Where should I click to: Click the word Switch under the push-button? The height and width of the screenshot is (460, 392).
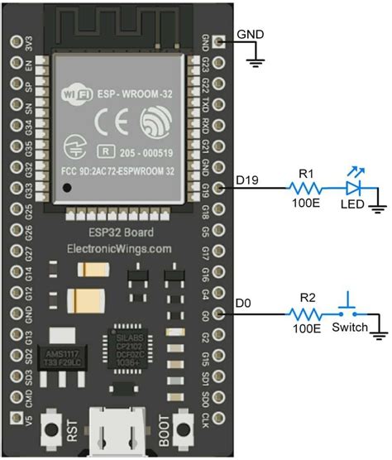(349, 328)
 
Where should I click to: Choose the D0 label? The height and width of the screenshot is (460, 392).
(242, 304)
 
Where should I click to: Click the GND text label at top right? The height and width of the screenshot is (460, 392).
(251, 35)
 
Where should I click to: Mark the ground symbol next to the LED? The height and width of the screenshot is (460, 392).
(378, 201)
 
